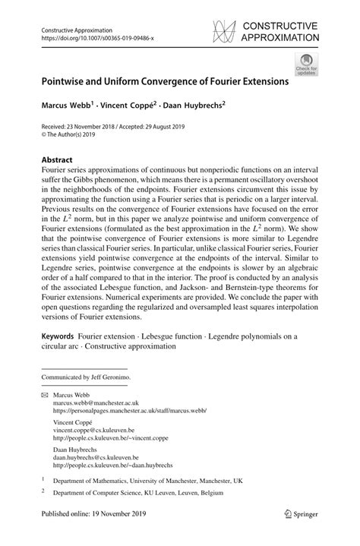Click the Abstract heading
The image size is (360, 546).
(58, 161)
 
